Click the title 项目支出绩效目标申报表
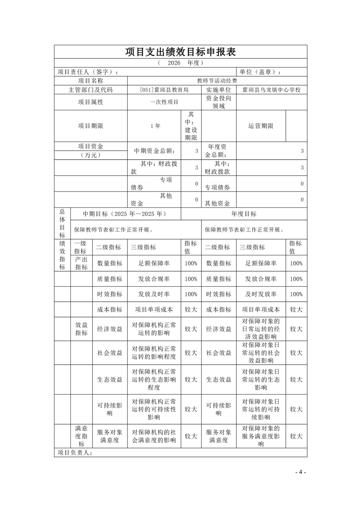pyautogui.click(x=180, y=52)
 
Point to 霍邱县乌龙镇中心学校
pyautogui.click(x=271, y=90)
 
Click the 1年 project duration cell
pyautogui.click(x=155, y=126)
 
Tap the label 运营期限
pyautogui.click(x=261, y=126)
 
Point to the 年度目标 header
pyautogui.click(x=244, y=214)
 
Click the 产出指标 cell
pyautogui.click(x=81, y=263)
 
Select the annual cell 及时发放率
pyautogui.click(x=261, y=294)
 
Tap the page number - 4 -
pyautogui.click(x=301, y=472)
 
